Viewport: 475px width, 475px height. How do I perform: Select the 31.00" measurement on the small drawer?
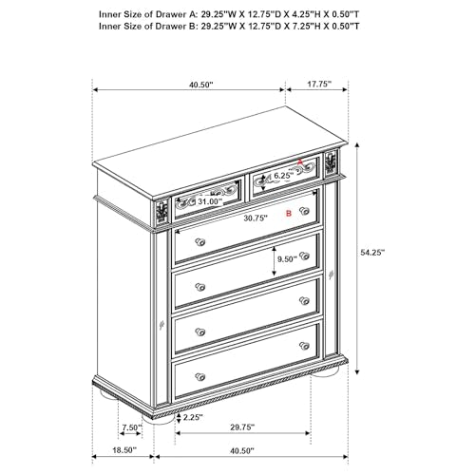click(209, 201)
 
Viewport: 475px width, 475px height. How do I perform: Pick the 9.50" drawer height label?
click(286, 258)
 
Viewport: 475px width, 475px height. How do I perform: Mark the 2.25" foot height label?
click(192, 416)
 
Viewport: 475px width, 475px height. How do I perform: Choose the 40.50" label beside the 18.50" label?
click(242, 450)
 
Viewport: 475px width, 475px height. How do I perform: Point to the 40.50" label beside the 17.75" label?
click(200, 84)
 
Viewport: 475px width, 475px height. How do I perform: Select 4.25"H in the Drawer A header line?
click(315, 13)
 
